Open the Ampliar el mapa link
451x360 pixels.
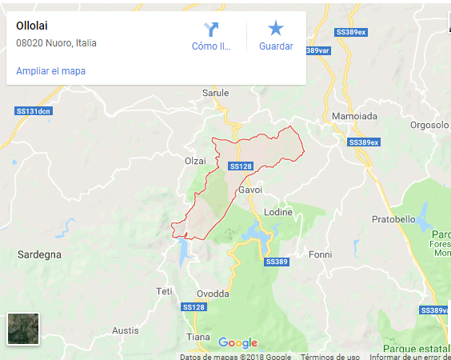(x=50, y=70)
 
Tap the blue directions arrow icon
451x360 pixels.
(x=211, y=30)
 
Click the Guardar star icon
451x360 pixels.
(x=276, y=30)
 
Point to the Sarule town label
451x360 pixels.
(x=215, y=93)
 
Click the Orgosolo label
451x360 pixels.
(x=429, y=125)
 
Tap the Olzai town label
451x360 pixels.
(x=195, y=161)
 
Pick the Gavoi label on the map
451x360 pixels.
(x=250, y=190)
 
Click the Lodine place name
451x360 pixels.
(x=279, y=212)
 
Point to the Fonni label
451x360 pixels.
(x=320, y=254)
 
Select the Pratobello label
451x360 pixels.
(x=394, y=218)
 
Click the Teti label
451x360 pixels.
(x=164, y=290)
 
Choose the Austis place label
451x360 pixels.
(x=125, y=330)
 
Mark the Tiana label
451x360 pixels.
(x=198, y=337)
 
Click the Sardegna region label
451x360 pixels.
(x=39, y=254)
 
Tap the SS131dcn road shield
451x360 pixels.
(x=34, y=111)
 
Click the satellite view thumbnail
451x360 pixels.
(x=23, y=328)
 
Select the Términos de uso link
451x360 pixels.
(x=329, y=357)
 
